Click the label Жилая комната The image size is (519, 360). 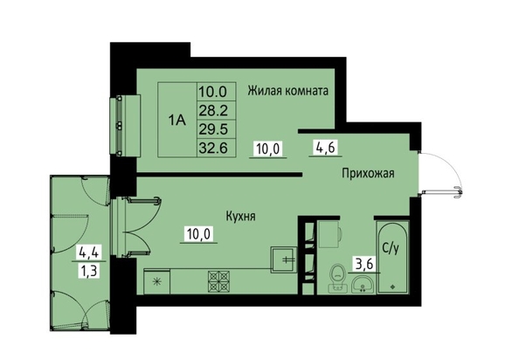pyautogui.click(x=288, y=90)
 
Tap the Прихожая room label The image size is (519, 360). pyautogui.click(x=368, y=173)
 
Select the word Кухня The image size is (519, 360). pyautogui.click(x=240, y=217)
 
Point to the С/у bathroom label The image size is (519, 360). pyautogui.click(x=391, y=248)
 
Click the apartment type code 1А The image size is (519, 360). pyautogui.click(x=177, y=120)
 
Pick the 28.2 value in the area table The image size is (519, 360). pyautogui.click(x=213, y=110)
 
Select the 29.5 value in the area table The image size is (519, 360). pyautogui.click(x=213, y=129)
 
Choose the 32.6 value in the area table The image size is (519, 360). pyautogui.click(x=213, y=148)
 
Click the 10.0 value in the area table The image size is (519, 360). pyautogui.click(x=213, y=92)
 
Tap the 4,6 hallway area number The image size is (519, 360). pyautogui.click(x=326, y=148)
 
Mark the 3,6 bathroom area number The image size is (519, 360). pyautogui.click(x=363, y=265)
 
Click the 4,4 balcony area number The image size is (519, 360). pyautogui.click(x=89, y=253)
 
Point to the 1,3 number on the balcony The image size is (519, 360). pyautogui.click(x=89, y=272)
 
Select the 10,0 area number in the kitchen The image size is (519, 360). pyautogui.click(x=198, y=234)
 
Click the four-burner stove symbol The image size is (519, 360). pyautogui.click(x=218, y=281)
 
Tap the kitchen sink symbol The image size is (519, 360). pyautogui.click(x=284, y=260)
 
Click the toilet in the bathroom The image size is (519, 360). pyautogui.click(x=337, y=278)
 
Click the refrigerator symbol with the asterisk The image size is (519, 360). pyautogui.click(x=157, y=281)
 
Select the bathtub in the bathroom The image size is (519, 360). pyautogui.click(x=392, y=258)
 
